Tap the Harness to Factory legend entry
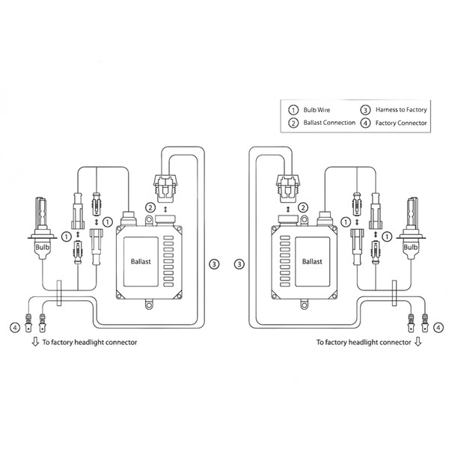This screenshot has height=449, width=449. [x=401, y=109]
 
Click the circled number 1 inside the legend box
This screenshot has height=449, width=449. [x=293, y=109]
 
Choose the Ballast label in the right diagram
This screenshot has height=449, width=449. [x=312, y=263]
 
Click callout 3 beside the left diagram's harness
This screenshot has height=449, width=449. [x=214, y=263]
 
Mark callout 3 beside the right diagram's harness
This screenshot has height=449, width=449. [x=239, y=263]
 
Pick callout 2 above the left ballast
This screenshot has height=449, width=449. [x=150, y=207]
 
